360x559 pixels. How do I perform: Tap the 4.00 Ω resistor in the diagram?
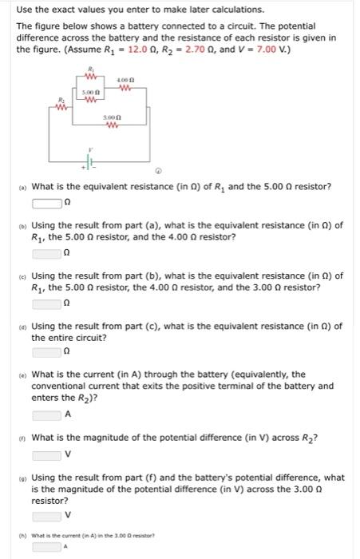124,88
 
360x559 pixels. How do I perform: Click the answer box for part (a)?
47,201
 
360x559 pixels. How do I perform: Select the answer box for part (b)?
47,252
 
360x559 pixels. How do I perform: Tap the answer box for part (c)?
47,303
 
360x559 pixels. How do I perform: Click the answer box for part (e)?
47,414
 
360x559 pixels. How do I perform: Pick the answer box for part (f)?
47,455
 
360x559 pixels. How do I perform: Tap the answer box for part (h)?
47,547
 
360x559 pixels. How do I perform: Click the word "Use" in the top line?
25,10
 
